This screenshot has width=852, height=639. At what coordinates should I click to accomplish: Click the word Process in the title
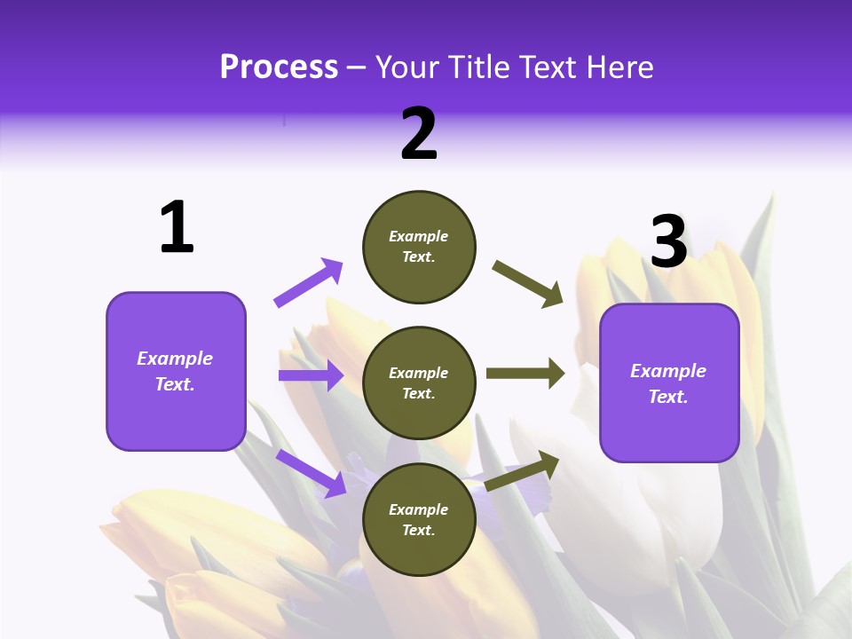coord(279,67)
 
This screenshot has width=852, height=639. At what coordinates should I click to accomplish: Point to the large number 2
coord(419,134)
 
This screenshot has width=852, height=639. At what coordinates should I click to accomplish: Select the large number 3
coord(668,241)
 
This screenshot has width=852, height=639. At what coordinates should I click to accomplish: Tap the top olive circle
coord(419,247)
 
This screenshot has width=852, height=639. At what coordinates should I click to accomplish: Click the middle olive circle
coord(419,383)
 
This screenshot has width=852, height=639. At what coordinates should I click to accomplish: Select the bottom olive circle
coord(419,519)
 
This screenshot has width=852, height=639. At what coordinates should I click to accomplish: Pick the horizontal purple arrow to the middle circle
coord(311,375)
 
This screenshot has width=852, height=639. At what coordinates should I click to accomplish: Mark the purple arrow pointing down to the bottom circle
coord(311,473)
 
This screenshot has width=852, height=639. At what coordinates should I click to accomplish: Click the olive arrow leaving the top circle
coord(528,283)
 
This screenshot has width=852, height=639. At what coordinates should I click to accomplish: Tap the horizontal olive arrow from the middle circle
coord(525,374)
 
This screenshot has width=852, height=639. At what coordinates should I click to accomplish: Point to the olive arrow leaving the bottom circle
coord(523,470)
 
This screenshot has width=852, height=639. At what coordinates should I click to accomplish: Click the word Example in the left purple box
coord(175,359)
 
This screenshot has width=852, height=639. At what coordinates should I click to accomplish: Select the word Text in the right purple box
coord(667,397)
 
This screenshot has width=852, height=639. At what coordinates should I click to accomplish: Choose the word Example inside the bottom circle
coord(418,509)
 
